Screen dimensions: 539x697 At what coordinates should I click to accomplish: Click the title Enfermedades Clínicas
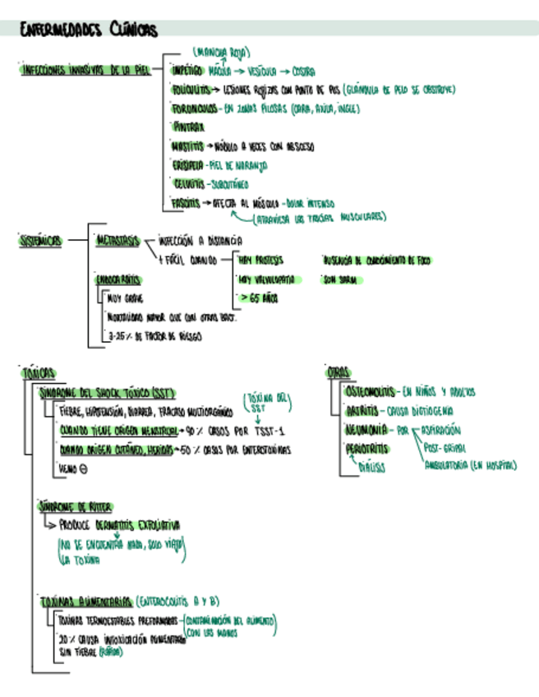89,30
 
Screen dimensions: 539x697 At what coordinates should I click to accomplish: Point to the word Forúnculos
194,108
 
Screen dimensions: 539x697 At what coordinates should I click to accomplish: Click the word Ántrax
183,127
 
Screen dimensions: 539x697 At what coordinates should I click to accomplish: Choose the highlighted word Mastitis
188,146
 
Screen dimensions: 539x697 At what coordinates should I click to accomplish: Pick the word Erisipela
187,165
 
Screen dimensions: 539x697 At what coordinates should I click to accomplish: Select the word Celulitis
187,184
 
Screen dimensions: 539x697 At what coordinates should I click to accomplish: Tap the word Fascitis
186,202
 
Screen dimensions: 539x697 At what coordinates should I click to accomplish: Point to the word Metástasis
117,241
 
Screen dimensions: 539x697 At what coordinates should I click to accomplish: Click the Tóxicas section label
38,372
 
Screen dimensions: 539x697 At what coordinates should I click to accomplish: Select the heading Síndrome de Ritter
76,506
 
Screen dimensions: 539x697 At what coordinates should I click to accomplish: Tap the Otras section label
338,372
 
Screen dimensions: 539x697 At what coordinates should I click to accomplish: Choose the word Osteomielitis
370,392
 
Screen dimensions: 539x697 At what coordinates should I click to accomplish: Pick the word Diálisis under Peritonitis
371,467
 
